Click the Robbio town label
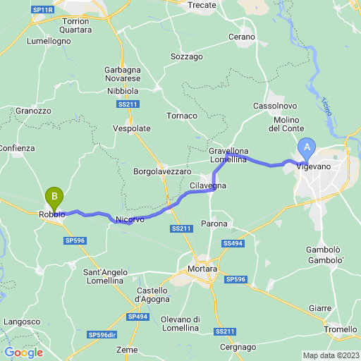pos(52,214)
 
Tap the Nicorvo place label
pos(130,220)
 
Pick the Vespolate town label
pos(132,129)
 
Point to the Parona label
pos(214,224)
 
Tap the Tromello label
pos(341,330)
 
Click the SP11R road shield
pos(43,9)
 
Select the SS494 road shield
pos(233,243)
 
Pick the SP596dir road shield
pos(102,334)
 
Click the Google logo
pos(23,353)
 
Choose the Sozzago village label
pos(187,56)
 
